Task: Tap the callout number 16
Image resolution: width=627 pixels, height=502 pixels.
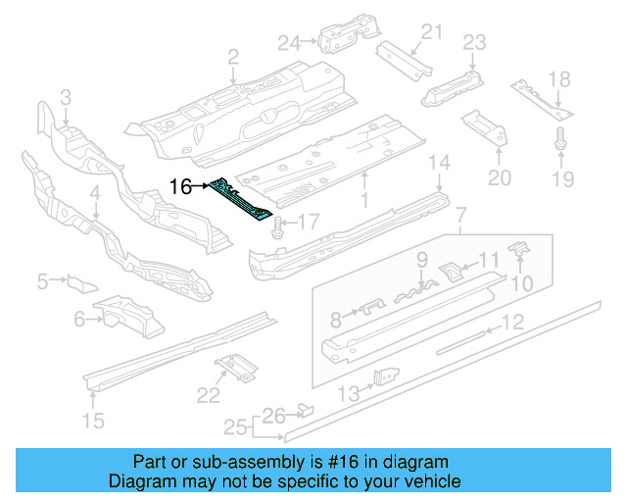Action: coord(180,186)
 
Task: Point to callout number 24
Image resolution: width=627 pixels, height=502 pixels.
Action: coord(288,42)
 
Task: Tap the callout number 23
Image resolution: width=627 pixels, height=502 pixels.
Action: coord(474,42)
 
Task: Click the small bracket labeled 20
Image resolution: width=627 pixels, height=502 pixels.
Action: coord(485,125)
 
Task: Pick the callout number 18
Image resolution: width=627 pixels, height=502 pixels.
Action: coord(558,79)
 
